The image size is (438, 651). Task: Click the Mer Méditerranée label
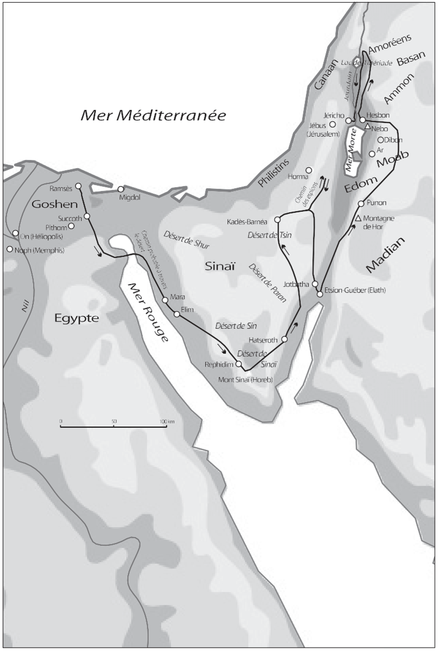tap(153, 116)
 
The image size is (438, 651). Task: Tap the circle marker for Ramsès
tap(78, 186)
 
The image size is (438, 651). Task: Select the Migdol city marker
tap(121, 189)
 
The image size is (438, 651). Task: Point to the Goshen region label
tap(55, 204)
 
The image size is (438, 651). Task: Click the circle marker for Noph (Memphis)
tap(10, 249)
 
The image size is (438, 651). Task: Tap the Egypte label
tap(77, 318)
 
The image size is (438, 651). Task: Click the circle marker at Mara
tap(165, 300)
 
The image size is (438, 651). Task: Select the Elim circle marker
tap(177, 314)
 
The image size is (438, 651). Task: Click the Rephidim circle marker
tap(239, 364)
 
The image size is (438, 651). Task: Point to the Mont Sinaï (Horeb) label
tap(245, 379)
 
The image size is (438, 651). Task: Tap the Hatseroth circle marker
tap(285, 339)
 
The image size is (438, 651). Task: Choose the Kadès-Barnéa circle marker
tap(277, 220)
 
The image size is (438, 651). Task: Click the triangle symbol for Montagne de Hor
tap(358, 218)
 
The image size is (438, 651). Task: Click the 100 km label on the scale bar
tap(167, 422)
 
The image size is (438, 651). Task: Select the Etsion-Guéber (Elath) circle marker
tap(320, 294)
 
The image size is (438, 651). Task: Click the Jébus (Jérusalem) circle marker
tap(333, 124)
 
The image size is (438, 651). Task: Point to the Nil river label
tap(25, 307)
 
